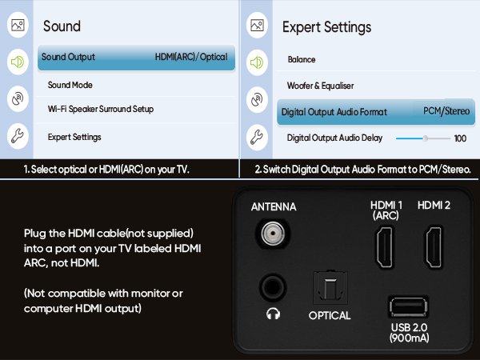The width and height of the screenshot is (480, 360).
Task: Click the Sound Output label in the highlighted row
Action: [x=68, y=58]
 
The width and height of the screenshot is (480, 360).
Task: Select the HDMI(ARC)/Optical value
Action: [x=190, y=58]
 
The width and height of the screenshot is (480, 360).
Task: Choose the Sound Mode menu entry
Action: [x=70, y=85]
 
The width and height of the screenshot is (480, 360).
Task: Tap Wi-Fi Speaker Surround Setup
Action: [x=100, y=109]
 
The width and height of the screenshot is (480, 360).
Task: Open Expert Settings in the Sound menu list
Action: [x=74, y=137]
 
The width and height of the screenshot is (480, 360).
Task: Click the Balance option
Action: [x=302, y=60]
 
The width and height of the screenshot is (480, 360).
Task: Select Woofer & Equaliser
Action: [x=320, y=86]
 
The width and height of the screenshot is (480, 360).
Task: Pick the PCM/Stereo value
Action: [x=446, y=112]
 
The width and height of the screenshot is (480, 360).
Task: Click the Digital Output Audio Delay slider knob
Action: [x=426, y=138]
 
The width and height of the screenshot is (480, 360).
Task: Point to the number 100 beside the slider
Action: [x=460, y=138]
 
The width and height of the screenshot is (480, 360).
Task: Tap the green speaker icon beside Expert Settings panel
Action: [x=257, y=62]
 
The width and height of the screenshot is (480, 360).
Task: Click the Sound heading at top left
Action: [x=62, y=26]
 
